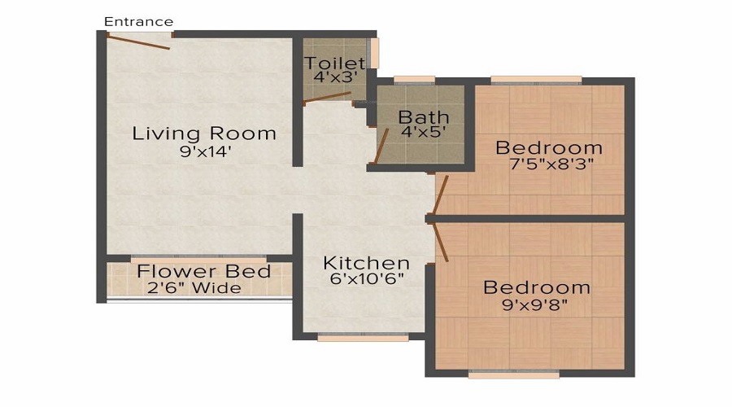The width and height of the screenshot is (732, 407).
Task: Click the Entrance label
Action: coord(139,21)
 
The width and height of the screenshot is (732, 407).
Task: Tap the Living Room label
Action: coord(204,133)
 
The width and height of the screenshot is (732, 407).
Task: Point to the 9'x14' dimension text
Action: coord(204,151)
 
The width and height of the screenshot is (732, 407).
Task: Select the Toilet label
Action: coord(334,63)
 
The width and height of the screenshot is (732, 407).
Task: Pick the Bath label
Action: coord(423,116)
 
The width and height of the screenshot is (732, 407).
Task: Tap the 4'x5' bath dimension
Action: coord(423,132)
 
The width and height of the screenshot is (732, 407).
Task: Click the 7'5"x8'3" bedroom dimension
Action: coord(549,164)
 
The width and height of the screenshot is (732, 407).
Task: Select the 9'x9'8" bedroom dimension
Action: coord(537,306)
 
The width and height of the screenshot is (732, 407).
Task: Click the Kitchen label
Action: coord(366,263)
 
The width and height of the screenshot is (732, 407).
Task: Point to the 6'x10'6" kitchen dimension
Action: coord(366,279)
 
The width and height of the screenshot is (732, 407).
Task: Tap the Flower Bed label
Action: coord(203,271)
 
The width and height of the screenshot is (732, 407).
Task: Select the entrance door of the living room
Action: coord(138,41)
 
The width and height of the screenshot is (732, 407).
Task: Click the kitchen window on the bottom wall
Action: coord(363,336)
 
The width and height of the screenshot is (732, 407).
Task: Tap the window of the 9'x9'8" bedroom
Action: coord(514,374)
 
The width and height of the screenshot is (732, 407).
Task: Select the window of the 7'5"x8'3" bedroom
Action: coord(536,80)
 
